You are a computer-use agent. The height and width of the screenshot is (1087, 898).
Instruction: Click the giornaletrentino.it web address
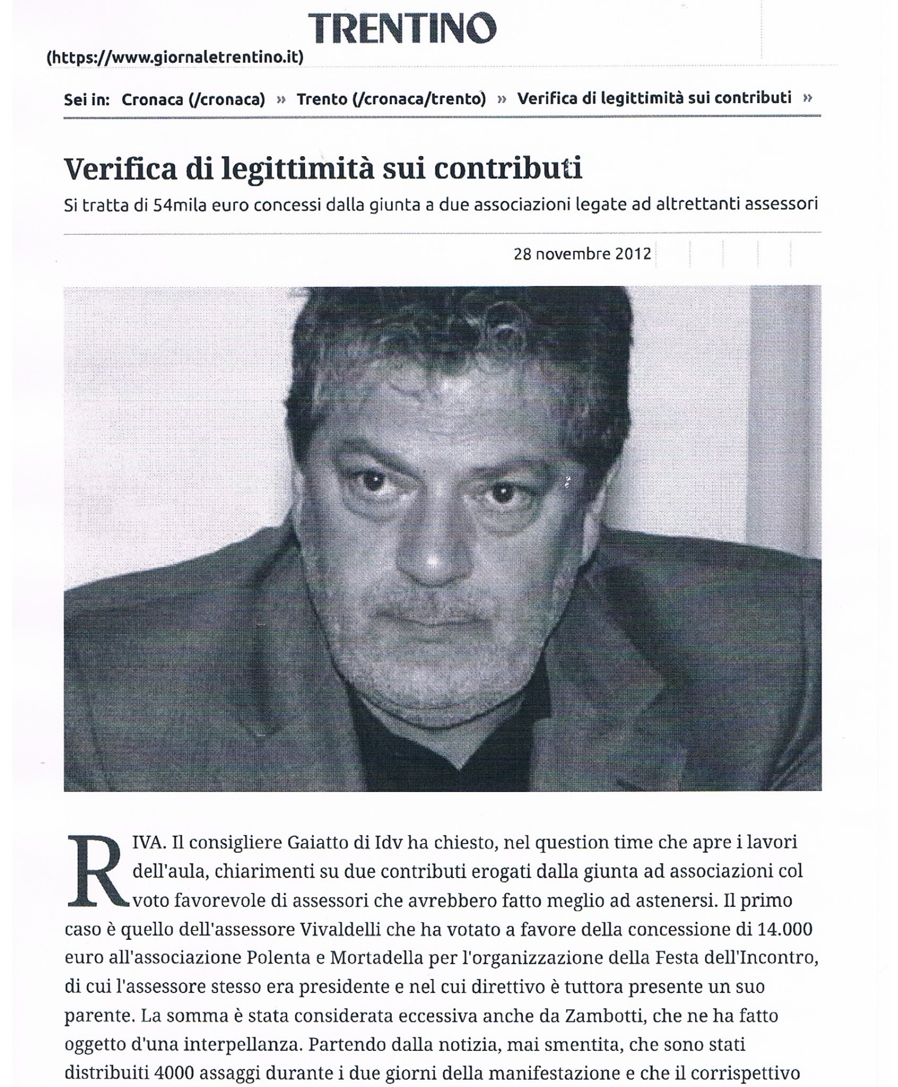click(175, 57)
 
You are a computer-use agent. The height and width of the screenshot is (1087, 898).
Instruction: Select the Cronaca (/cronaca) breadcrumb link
click(193, 100)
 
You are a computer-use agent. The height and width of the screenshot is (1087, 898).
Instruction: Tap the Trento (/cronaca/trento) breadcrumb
click(391, 99)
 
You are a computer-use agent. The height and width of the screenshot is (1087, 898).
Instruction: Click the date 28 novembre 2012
click(582, 253)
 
